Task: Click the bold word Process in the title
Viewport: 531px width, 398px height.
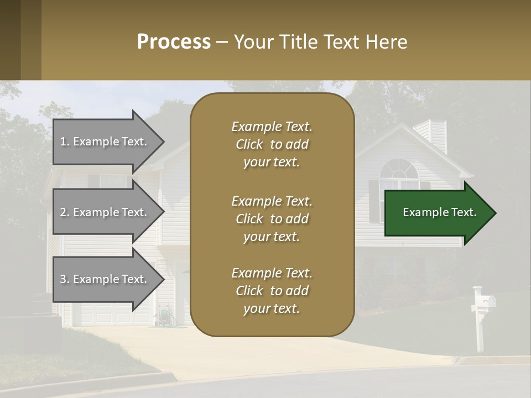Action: click(174, 42)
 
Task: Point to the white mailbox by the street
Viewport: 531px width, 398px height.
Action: click(483, 302)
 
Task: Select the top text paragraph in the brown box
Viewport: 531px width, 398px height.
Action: click(272, 144)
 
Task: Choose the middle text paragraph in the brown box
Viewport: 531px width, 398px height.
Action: click(272, 219)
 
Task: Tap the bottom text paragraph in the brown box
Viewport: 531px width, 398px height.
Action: click(272, 291)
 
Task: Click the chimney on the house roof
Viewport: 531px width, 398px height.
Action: click(437, 135)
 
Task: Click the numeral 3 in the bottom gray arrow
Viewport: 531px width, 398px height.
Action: click(63, 279)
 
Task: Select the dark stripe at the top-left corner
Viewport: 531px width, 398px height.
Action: click(10, 40)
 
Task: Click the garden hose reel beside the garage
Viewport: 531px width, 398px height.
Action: click(164, 316)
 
